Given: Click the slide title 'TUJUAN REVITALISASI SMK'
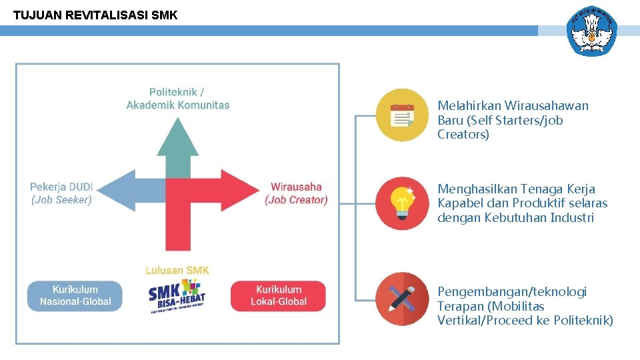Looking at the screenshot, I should click(95, 15).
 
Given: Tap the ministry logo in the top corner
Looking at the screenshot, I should click(591, 31).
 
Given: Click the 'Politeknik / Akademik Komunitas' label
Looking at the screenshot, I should click(178, 98).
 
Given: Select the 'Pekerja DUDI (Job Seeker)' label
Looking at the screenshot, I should click(61, 193).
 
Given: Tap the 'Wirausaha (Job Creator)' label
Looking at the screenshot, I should click(296, 193).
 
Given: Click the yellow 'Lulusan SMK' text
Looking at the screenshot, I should click(177, 270).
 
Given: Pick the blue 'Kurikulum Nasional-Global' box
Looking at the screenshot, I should click(75, 295).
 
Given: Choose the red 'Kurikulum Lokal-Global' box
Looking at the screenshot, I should click(279, 295).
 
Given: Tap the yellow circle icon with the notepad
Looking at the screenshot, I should click(401, 115).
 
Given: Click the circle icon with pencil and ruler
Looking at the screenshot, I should click(401, 299).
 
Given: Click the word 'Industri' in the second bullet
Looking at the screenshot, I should click(572, 218).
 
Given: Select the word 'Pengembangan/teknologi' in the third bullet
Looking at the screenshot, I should click(512, 292).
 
